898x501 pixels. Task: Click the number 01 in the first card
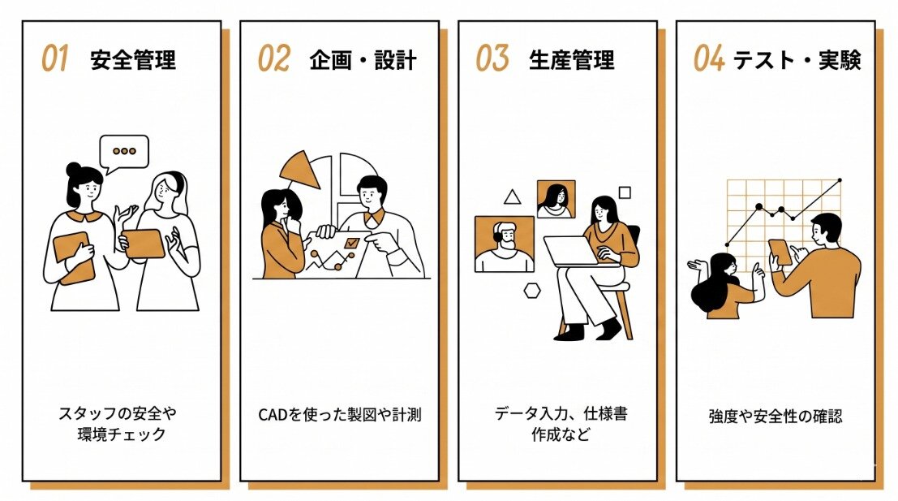[54, 59]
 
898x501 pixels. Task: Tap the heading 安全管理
[133, 60]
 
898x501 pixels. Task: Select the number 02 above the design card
[273, 59]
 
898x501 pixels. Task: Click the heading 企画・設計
[363, 60]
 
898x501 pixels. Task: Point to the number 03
[492, 59]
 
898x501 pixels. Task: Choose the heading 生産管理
[571, 60]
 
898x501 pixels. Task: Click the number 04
[709, 59]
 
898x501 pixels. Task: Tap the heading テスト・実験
[797, 60]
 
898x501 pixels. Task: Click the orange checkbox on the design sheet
[351, 243]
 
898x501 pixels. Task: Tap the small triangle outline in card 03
[513, 197]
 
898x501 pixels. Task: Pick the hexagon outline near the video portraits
[532, 291]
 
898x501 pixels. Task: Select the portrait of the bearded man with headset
[505, 244]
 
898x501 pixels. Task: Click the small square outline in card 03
[625, 192]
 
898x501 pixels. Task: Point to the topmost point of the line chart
[840, 180]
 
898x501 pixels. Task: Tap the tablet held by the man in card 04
[780, 253]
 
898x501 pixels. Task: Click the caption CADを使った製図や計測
[340, 414]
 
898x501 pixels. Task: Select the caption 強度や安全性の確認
[776, 417]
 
